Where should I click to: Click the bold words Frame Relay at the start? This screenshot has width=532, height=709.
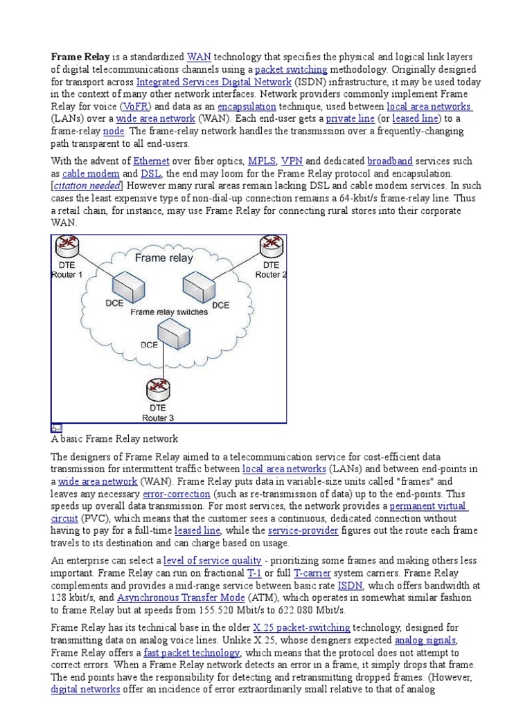coord(79,56)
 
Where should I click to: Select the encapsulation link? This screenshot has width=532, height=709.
coord(247,107)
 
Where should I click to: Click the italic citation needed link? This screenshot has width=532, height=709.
coord(88,185)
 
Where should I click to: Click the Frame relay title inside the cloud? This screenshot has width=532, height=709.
coord(164,258)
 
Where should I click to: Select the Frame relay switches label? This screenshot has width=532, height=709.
coord(169,312)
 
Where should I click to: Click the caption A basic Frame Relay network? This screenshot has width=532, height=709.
coord(115,439)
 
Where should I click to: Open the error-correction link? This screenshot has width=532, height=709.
coord(176,495)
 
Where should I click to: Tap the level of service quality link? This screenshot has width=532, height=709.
coord(212,560)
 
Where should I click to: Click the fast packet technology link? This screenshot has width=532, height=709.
coord(192,653)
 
